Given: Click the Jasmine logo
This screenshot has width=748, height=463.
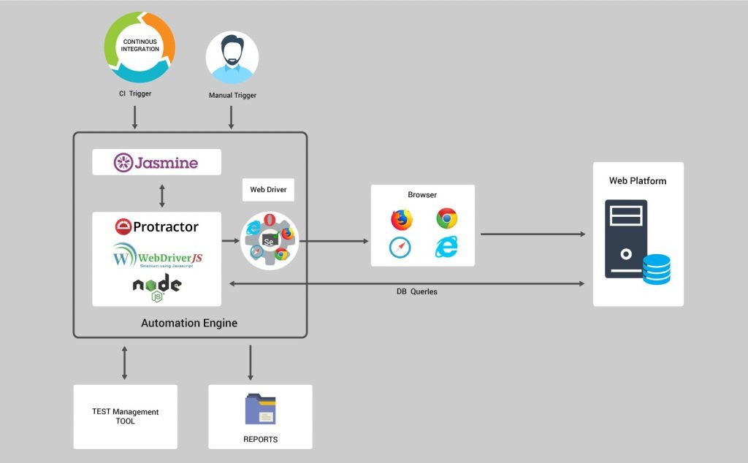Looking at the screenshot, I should tap(156, 162).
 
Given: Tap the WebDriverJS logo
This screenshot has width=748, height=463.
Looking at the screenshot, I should tap(156, 257).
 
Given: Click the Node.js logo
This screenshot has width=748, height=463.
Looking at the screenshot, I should tap(156, 288).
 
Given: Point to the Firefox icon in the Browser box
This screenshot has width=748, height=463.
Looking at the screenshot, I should tap(401, 219).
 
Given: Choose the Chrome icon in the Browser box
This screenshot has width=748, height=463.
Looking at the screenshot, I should tap(447, 218).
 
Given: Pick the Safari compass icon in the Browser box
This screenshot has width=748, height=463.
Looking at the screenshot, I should tap(400, 247).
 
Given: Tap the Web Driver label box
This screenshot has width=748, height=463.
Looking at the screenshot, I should tap(268, 190).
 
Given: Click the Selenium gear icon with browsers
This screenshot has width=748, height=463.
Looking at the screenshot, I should tap(270, 237).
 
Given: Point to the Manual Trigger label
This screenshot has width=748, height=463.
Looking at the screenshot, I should tap(232, 95).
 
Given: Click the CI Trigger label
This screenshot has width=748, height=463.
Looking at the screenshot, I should tap(135, 93).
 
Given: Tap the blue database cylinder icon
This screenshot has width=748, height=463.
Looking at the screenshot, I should tap(656, 269).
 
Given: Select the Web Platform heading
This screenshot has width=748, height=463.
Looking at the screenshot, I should tap(638, 181).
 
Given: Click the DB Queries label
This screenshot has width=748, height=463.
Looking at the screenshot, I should tap(412, 291).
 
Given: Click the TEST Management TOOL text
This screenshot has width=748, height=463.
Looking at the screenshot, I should tap(125, 416).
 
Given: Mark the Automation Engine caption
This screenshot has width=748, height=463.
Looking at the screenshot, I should tap(189, 323).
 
